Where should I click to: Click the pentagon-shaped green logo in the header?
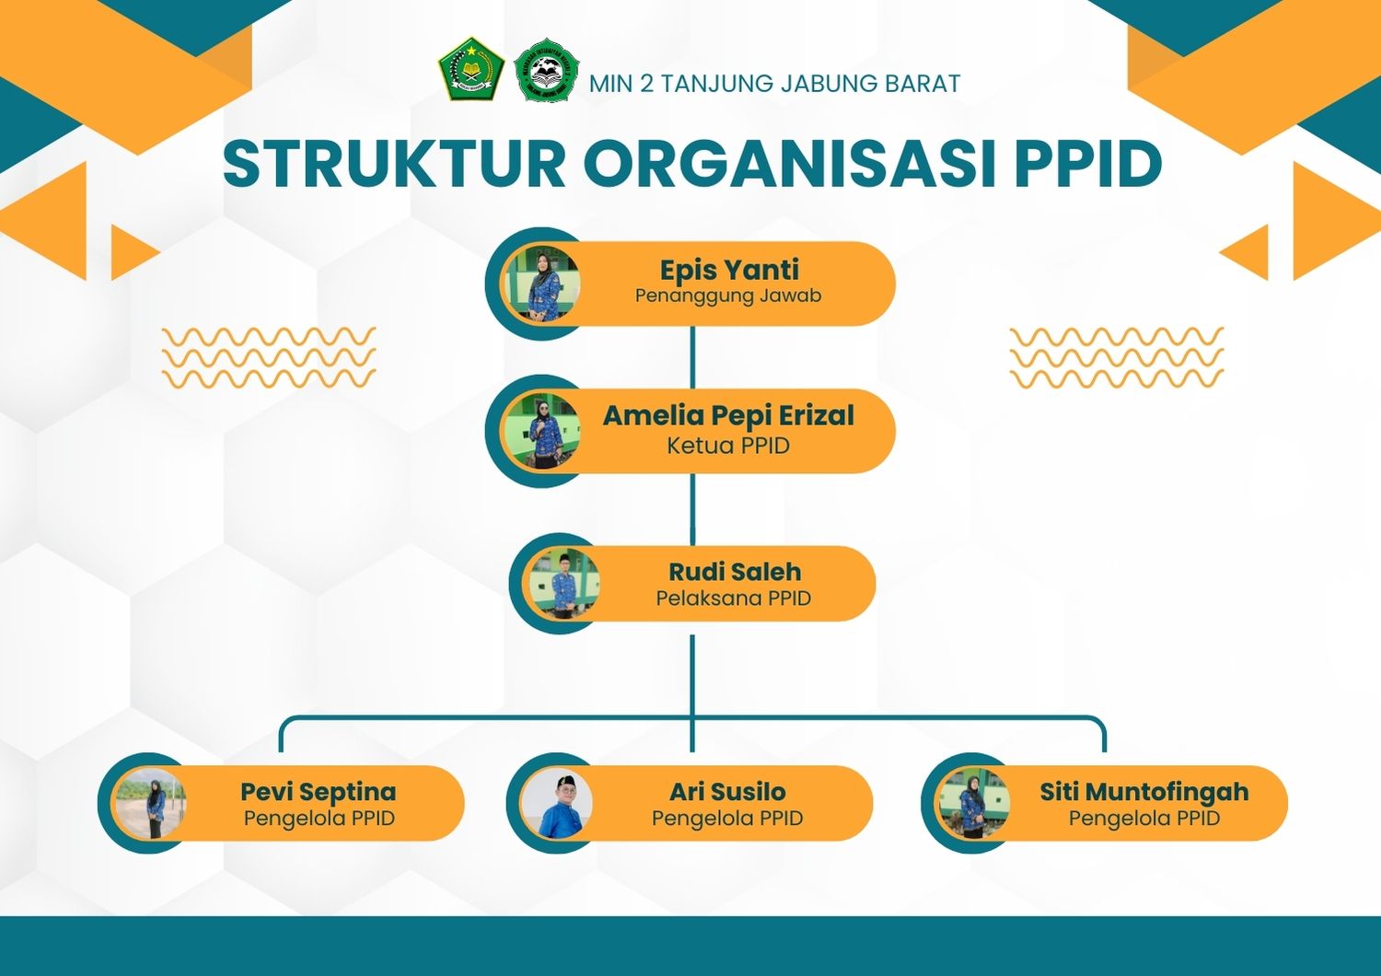tap(471, 69)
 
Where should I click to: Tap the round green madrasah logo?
tap(546, 70)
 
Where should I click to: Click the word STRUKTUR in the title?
tap(394, 164)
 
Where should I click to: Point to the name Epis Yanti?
tap(729, 270)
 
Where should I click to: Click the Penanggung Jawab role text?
tap(728, 296)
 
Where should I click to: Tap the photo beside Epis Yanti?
tap(542, 285)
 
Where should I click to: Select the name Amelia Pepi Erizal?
tap(728, 415)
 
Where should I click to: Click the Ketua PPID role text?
tap(728, 445)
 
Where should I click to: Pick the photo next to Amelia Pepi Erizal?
tap(542, 431)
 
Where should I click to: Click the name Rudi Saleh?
tap(735, 572)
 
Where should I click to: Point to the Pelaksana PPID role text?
tap(733, 598)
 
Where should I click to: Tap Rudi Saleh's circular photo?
tap(563, 583)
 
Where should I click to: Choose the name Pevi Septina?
tap(319, 791)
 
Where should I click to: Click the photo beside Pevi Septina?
tap(150, 803)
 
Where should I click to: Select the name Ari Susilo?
tap(727, 791)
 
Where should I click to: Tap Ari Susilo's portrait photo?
tap(556, 803)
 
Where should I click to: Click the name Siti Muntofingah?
tap(1144, 791)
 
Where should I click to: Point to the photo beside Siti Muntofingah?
tap(973, 803)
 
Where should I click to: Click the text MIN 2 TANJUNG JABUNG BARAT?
tap(774, 84)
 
